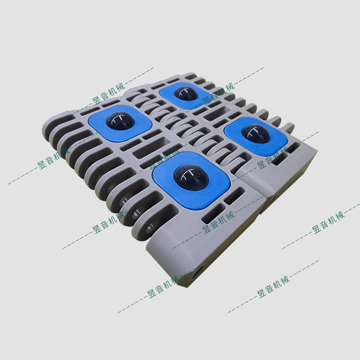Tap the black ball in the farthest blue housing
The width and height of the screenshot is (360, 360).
pyautogui.click(x=184, y=93)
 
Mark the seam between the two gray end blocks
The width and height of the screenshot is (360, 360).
pyautogui.click(x=261, y=198)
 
